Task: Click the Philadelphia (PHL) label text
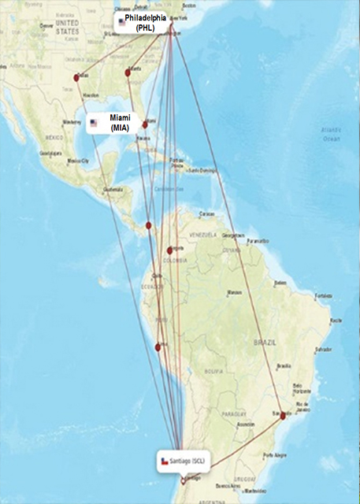pos(145,23)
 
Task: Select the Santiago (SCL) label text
pos(192,460)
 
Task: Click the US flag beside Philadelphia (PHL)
pos(122,22)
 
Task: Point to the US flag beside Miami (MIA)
pos(95,122)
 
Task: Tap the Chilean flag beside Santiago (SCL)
pos(165,461)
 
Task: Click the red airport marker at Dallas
pos(76,77)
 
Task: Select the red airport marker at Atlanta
pos(128,73)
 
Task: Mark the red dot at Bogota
pos(169,251)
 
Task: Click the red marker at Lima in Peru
pos(158,346)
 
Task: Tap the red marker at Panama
pos(149,225)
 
